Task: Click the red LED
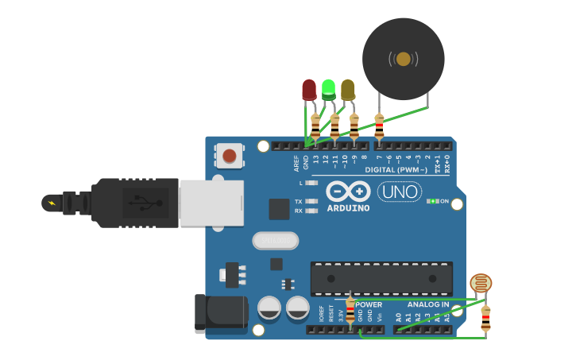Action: click(309, 89)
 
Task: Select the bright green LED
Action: click(328, 88)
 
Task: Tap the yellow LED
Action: click(348, 89)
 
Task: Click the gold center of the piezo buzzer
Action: click(403, 59)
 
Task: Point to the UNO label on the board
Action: click(400, 192)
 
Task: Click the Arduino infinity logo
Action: click(348, 192)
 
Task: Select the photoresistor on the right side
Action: click(481, 283)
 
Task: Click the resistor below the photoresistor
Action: click(485, 317)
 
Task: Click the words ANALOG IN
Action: click(428, 304)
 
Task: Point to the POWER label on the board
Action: click(369, 304)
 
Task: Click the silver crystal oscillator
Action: click(275, 240)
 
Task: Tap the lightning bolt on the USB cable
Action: click(52, 203)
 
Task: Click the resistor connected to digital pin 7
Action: click(379, 125)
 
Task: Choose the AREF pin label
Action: click(296, 163)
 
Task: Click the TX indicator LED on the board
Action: click(312, 202)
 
